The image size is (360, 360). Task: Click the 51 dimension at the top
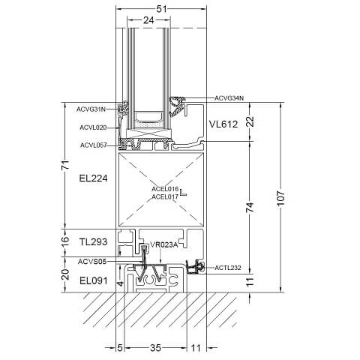tap(161, 9)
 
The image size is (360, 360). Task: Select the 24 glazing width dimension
tap(148, 20)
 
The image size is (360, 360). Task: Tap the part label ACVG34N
tap(229, 98)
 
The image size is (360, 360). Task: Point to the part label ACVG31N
tap(91, 109)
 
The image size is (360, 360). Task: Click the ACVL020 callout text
tap(93, 127)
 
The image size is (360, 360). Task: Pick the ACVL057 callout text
tap(94, 145)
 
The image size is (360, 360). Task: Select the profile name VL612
tap(223, 124)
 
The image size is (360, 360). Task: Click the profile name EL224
tap(93, 178)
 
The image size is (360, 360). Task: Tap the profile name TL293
tap(93, 241)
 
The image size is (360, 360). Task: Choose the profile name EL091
tap(94, 280)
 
